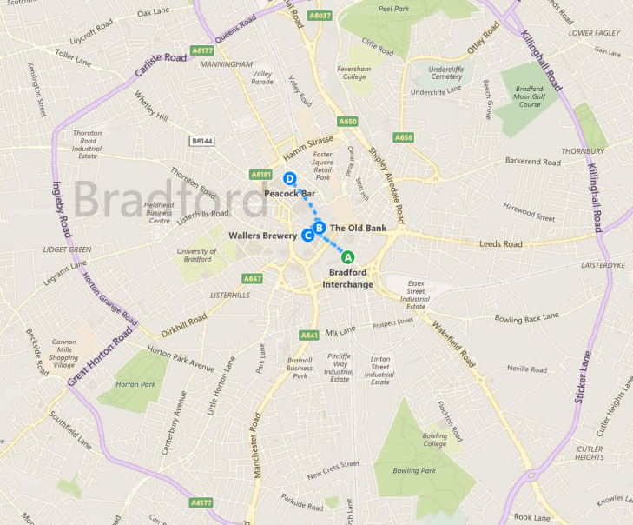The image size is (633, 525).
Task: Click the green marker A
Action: click(347, 256)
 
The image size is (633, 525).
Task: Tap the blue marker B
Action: click(319, 228)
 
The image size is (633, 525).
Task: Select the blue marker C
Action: click(307, 235)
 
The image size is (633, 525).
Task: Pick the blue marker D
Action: click(290, 179)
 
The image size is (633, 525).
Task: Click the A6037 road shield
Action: click(320, 16)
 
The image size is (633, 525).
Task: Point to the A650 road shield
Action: click(348, 121)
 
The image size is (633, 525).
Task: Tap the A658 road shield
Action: click(404, 137)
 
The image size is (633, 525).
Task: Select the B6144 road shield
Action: click(201, 140)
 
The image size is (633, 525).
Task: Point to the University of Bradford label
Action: click(195, 255)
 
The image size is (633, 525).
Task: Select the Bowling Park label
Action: click(412, 470)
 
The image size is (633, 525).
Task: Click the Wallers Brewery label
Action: click(262, 235)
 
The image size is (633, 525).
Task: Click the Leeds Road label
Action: click(501, 244)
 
